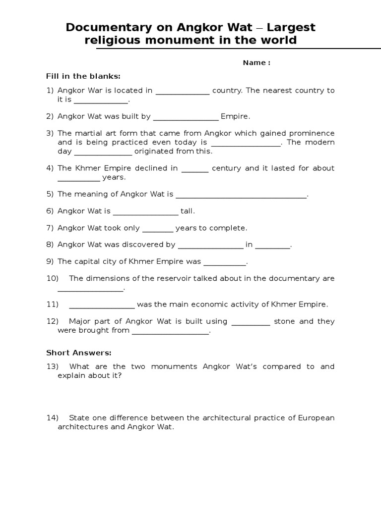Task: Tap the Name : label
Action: click(256, 63)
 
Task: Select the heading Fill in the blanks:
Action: click(83, 76)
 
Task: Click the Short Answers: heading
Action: click(79, 353)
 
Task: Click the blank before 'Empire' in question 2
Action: click(186, 117)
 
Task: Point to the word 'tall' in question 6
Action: click(187, 211)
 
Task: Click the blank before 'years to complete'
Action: click(158, 229)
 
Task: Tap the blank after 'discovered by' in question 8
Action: click(210, 245)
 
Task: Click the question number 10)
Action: click(53, 278)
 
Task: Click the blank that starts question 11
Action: click(102, 305)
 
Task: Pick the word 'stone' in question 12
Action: click(284, 321)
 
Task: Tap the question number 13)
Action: click(53, 366)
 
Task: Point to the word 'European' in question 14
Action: click(316, 418)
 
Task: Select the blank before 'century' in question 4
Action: click(195, 169)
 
